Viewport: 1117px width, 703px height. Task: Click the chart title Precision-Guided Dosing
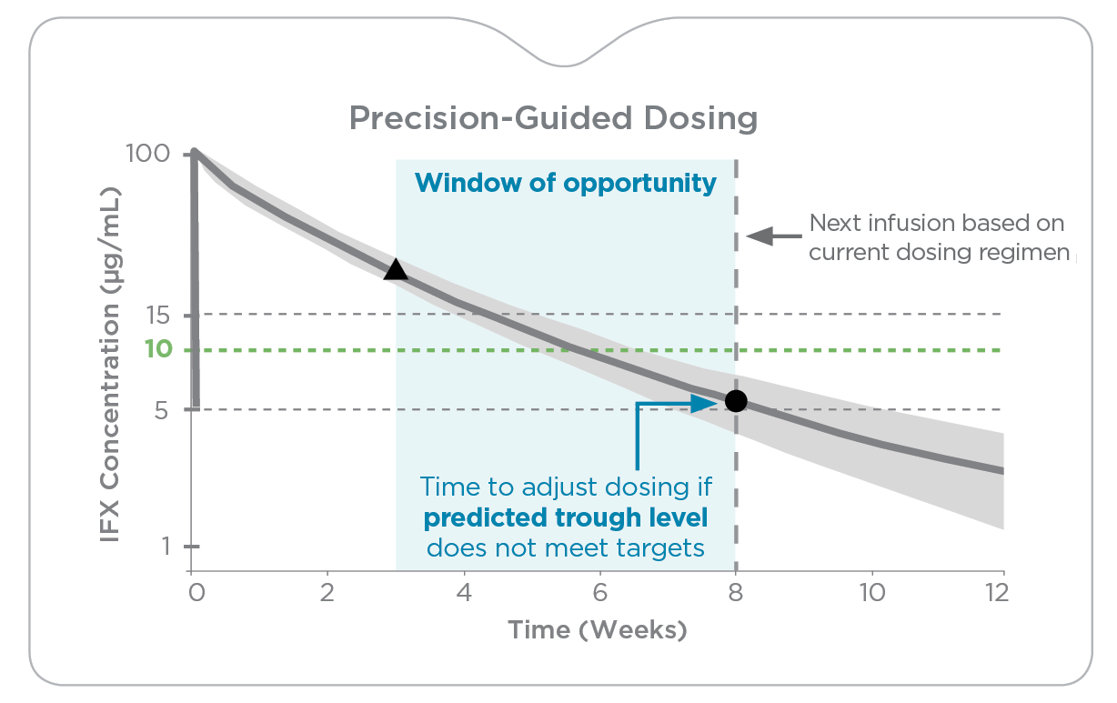click(x=553, y=118)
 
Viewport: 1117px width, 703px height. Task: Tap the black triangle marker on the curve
click(x=395, y=269)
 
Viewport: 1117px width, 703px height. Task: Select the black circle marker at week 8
click(x=736, y=400)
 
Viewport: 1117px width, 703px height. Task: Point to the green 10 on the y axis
click(x=158, y=350)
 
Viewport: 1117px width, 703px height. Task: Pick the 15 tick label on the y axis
click(x=158, y=316)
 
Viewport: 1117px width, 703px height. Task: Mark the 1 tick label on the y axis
click(x=166, y=547)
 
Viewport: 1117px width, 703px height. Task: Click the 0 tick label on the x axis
click(x=196, y=593)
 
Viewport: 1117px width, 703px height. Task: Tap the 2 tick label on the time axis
click(x=327, y=593)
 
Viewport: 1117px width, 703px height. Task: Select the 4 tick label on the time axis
click(x=464, y=593)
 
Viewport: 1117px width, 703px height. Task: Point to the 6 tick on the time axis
click(x=600, y=593)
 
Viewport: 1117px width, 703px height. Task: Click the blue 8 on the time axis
click(x=736, y=593)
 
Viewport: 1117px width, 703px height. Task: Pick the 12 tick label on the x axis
click(x=996, y=593)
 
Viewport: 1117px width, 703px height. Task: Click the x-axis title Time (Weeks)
click(x=597, y=629)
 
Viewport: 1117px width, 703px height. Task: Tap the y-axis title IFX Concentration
click(x=110, y=364)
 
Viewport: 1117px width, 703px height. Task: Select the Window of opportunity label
click(x=565, y=183)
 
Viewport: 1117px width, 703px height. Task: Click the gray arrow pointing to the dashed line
click(x=771, y=236)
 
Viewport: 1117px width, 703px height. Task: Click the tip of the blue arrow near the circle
click(x=719, y=402)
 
